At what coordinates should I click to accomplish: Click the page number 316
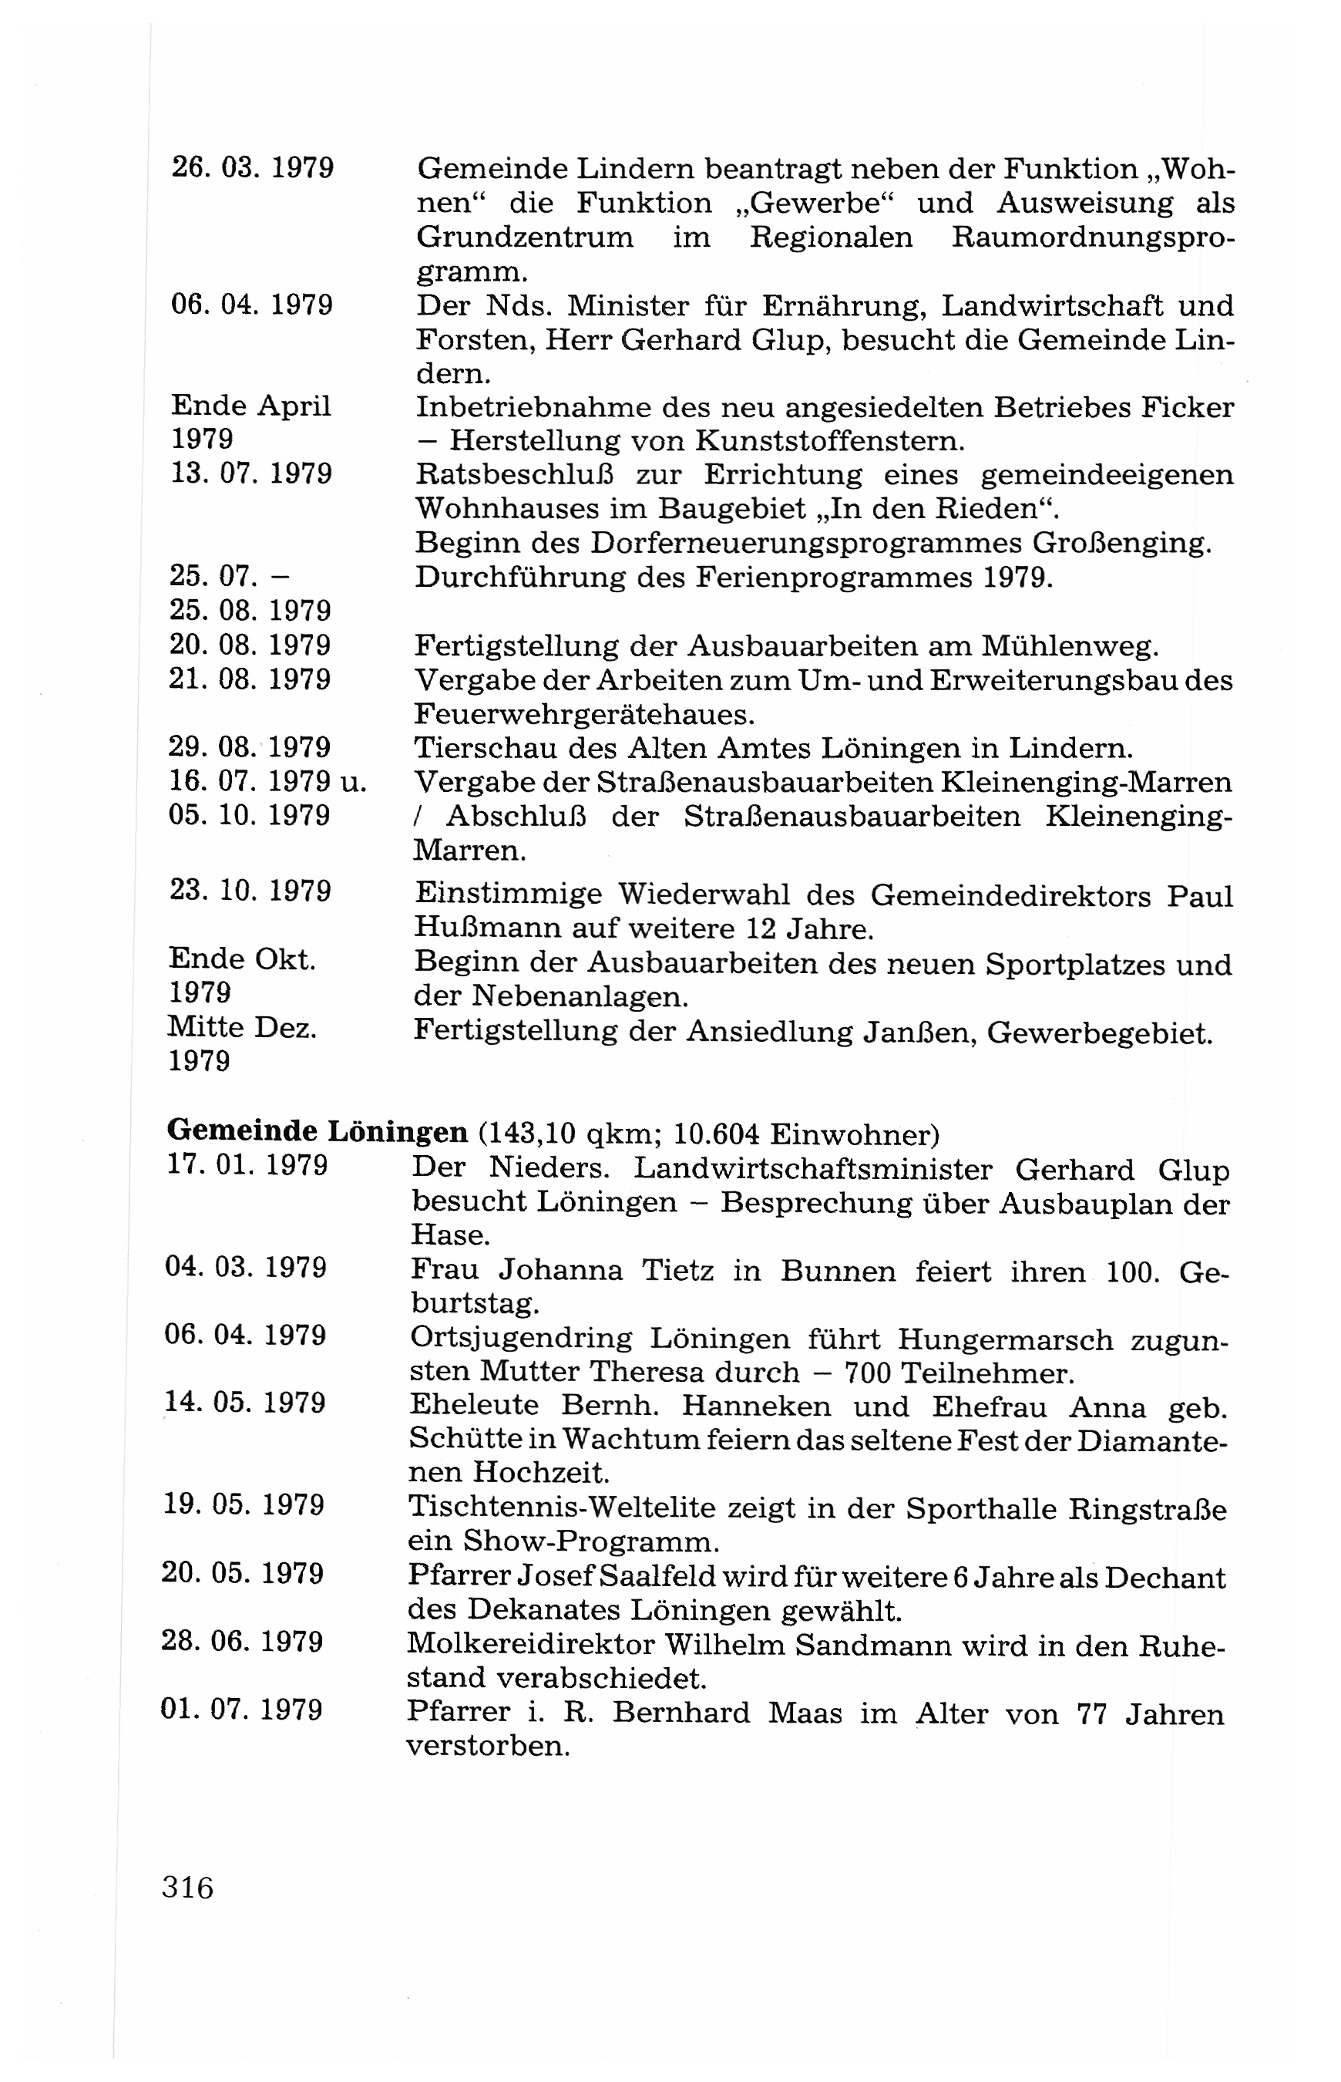coord(187,1888)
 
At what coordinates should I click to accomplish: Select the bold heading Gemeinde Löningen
coord(317,1131)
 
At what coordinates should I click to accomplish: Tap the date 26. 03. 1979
coord(253,167)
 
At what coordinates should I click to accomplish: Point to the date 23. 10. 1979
coord(250,891)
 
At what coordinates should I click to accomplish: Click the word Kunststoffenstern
coord(829,442)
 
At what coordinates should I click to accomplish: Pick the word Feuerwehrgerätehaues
coord(583,715)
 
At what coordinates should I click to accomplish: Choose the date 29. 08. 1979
coord(250,747)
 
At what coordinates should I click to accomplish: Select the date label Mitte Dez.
coord(242,1029)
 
